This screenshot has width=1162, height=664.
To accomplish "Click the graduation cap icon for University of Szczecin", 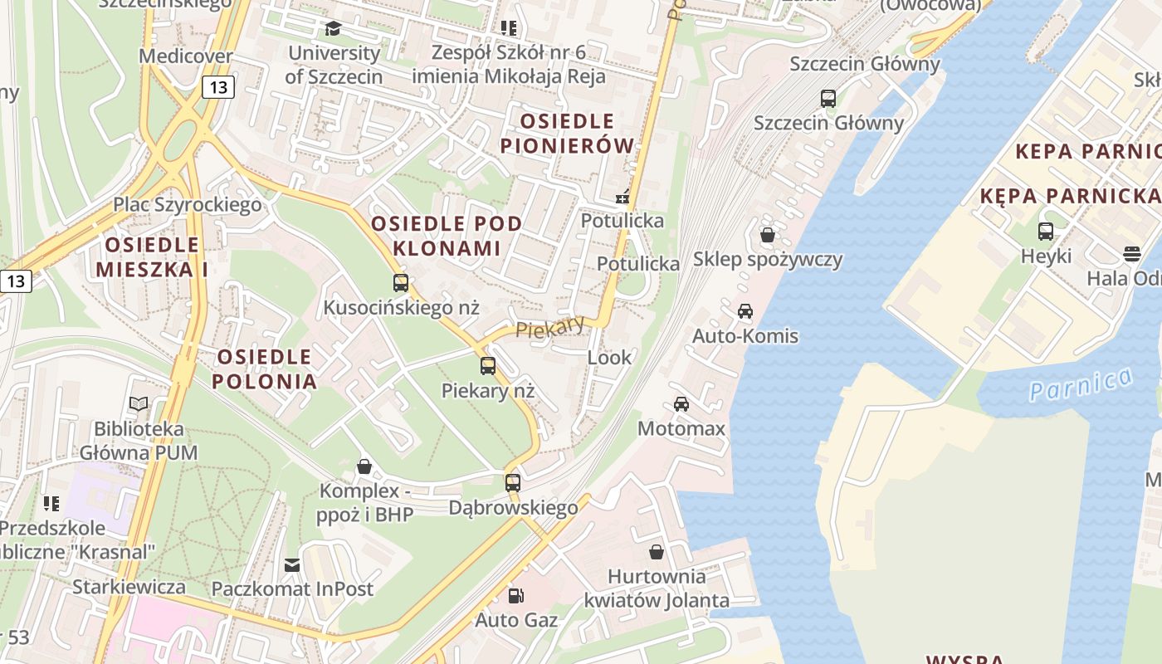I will (333, 29).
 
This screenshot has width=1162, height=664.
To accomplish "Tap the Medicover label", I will (186, 56).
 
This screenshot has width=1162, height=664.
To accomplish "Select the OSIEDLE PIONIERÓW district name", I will (567, 134).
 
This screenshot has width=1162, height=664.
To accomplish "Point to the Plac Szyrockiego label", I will (188, 204).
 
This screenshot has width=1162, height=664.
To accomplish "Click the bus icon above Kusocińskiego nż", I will (401, 283).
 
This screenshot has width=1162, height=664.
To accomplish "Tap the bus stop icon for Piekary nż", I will (488, 365).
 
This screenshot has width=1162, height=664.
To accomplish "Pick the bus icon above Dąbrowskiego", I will (513, 482).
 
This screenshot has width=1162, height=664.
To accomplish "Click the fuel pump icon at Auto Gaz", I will (516, 595).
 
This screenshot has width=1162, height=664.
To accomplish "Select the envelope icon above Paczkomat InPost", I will (292, 564).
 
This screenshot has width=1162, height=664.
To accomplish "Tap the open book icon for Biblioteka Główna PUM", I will (139, 404).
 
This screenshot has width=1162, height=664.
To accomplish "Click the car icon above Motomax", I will (681, 404).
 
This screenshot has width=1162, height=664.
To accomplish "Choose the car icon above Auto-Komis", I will (745, 311).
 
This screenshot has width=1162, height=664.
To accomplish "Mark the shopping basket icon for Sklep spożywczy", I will (768, 235).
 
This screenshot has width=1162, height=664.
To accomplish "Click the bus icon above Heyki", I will (1046, 232).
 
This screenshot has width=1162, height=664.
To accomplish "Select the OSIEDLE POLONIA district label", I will (264, 369).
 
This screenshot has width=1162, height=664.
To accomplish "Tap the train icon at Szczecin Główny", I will (828, 99).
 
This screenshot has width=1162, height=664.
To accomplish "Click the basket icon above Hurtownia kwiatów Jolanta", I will (657, 552).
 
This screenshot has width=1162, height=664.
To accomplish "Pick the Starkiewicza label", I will (129, 587).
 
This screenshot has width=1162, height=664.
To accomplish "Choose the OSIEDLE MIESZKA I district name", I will (152, 256).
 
